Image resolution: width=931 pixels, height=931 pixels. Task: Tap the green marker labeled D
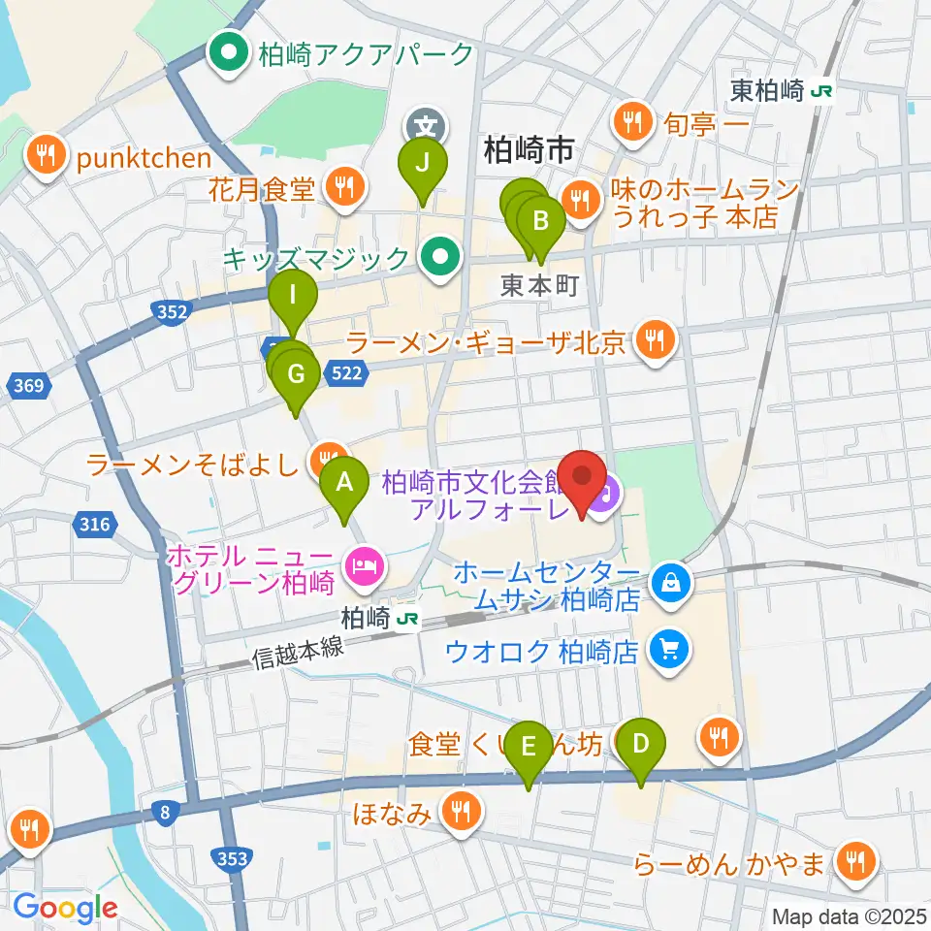641,746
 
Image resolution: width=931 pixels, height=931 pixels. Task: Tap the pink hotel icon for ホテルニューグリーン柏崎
365,562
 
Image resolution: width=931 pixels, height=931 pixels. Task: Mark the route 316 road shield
93,525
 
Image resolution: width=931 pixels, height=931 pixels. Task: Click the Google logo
65,908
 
